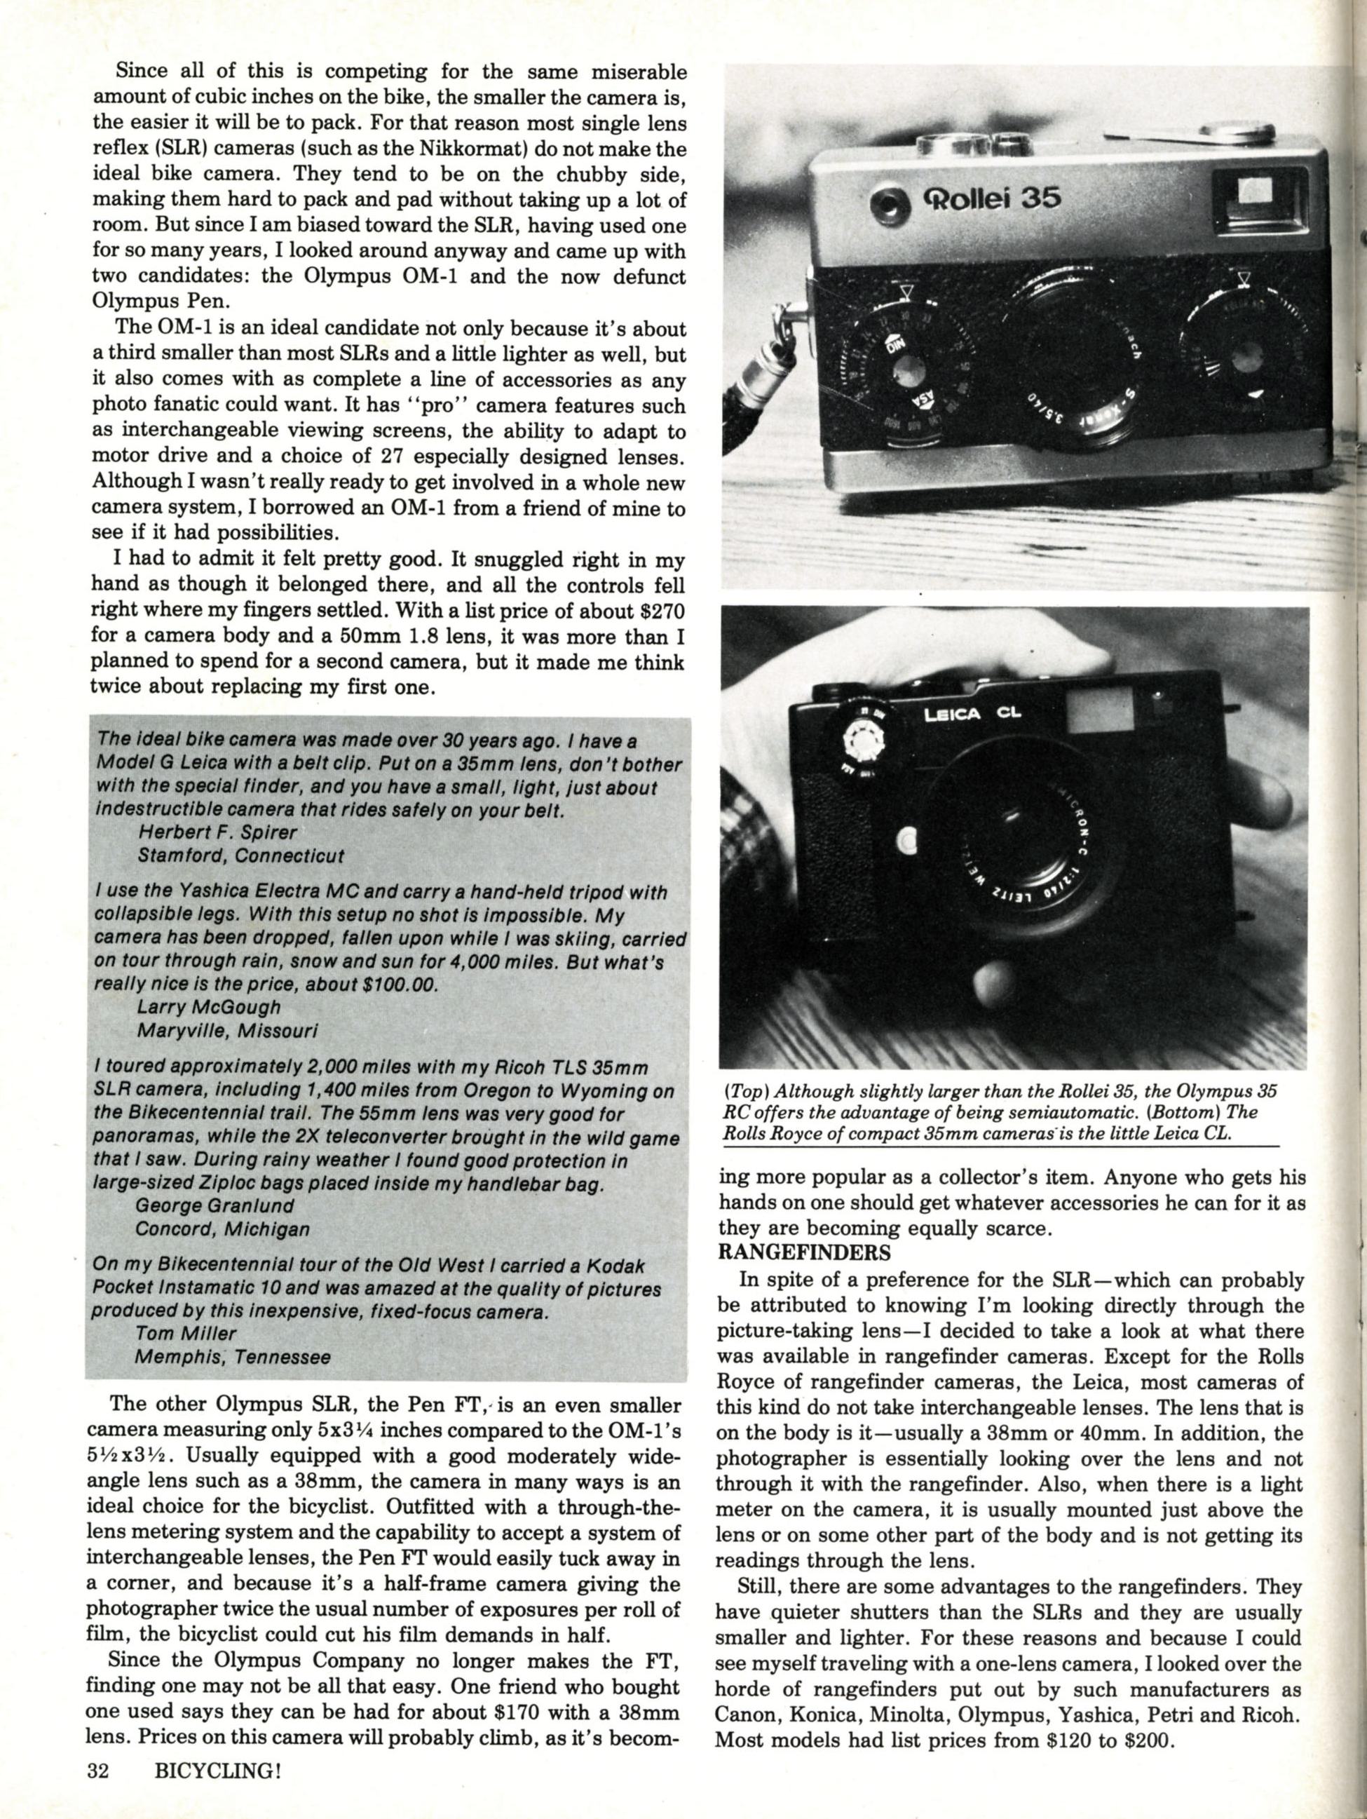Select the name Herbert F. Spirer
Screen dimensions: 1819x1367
pos(217,833)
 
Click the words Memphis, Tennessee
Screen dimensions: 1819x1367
pos(233,1358)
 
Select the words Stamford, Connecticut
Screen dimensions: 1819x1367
pos(241,856)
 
